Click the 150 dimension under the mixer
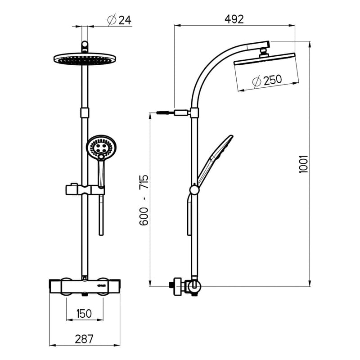pyautogui.click(x=85, y=313)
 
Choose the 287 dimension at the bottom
pyautogui.click(x=85, y=339)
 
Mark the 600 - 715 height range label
pyautogui.click(x=144, y=200)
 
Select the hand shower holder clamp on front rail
pyautogui.click(x=84, y=189)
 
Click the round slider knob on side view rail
pyautogui.click(x=194, y=190)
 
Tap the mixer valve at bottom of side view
pyautogui.click(x=185, y=285)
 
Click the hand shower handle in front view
pyautogui.click(x=101, y=171)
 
